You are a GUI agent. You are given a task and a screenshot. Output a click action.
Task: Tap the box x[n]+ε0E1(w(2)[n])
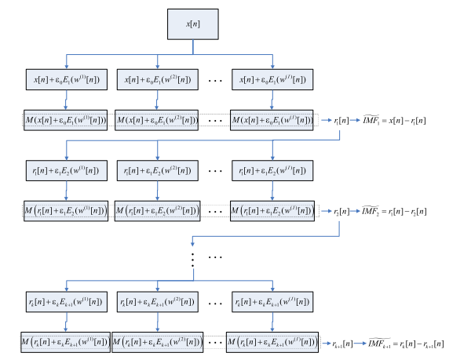click(158, 80)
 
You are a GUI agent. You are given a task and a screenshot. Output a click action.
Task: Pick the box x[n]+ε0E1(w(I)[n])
click(272, 80)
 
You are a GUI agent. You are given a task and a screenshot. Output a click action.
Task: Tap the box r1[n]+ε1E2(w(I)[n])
click(272, 170)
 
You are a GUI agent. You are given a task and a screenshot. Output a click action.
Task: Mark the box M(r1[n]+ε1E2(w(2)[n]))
click(158, 211)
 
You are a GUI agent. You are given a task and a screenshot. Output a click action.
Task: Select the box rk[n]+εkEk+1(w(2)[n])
click(158, 301)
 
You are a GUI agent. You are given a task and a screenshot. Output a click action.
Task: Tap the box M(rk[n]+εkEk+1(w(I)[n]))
click(272, 342)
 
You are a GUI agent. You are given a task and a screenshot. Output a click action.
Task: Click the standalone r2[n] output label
click(340, 212)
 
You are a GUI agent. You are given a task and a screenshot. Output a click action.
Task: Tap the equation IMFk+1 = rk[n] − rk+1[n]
click(413, 343)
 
